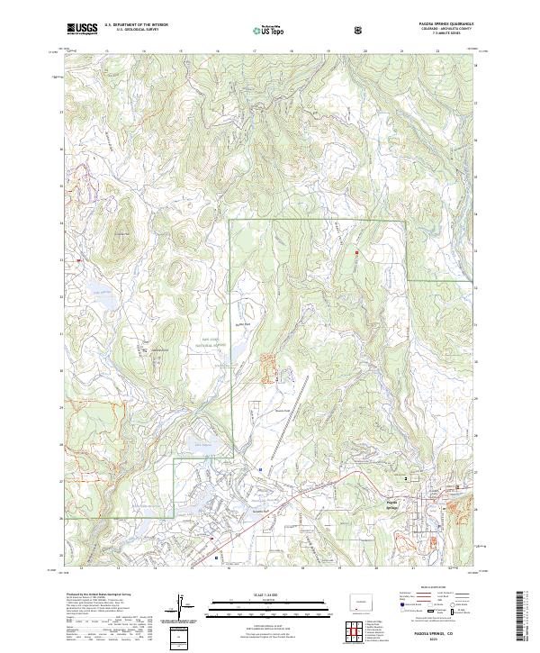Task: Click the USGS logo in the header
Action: click(81, 29)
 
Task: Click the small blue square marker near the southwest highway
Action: click(217, 557)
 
